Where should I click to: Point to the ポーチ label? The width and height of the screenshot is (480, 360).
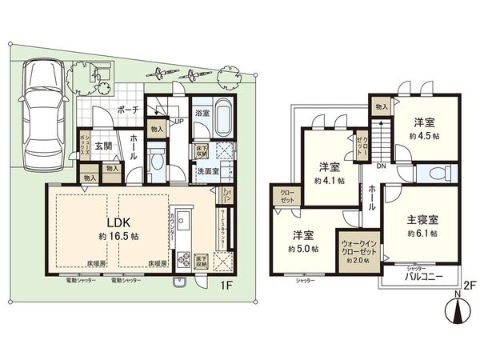(129, 110)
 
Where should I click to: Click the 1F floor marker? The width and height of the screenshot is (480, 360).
(227, 282)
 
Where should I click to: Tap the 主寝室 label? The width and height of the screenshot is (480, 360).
(422, 219)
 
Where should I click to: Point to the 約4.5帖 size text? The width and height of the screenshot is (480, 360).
(425, 135)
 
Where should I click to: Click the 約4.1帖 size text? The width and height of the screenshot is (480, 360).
(330, 181)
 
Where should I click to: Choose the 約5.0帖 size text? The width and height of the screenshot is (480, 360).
(304, 249)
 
